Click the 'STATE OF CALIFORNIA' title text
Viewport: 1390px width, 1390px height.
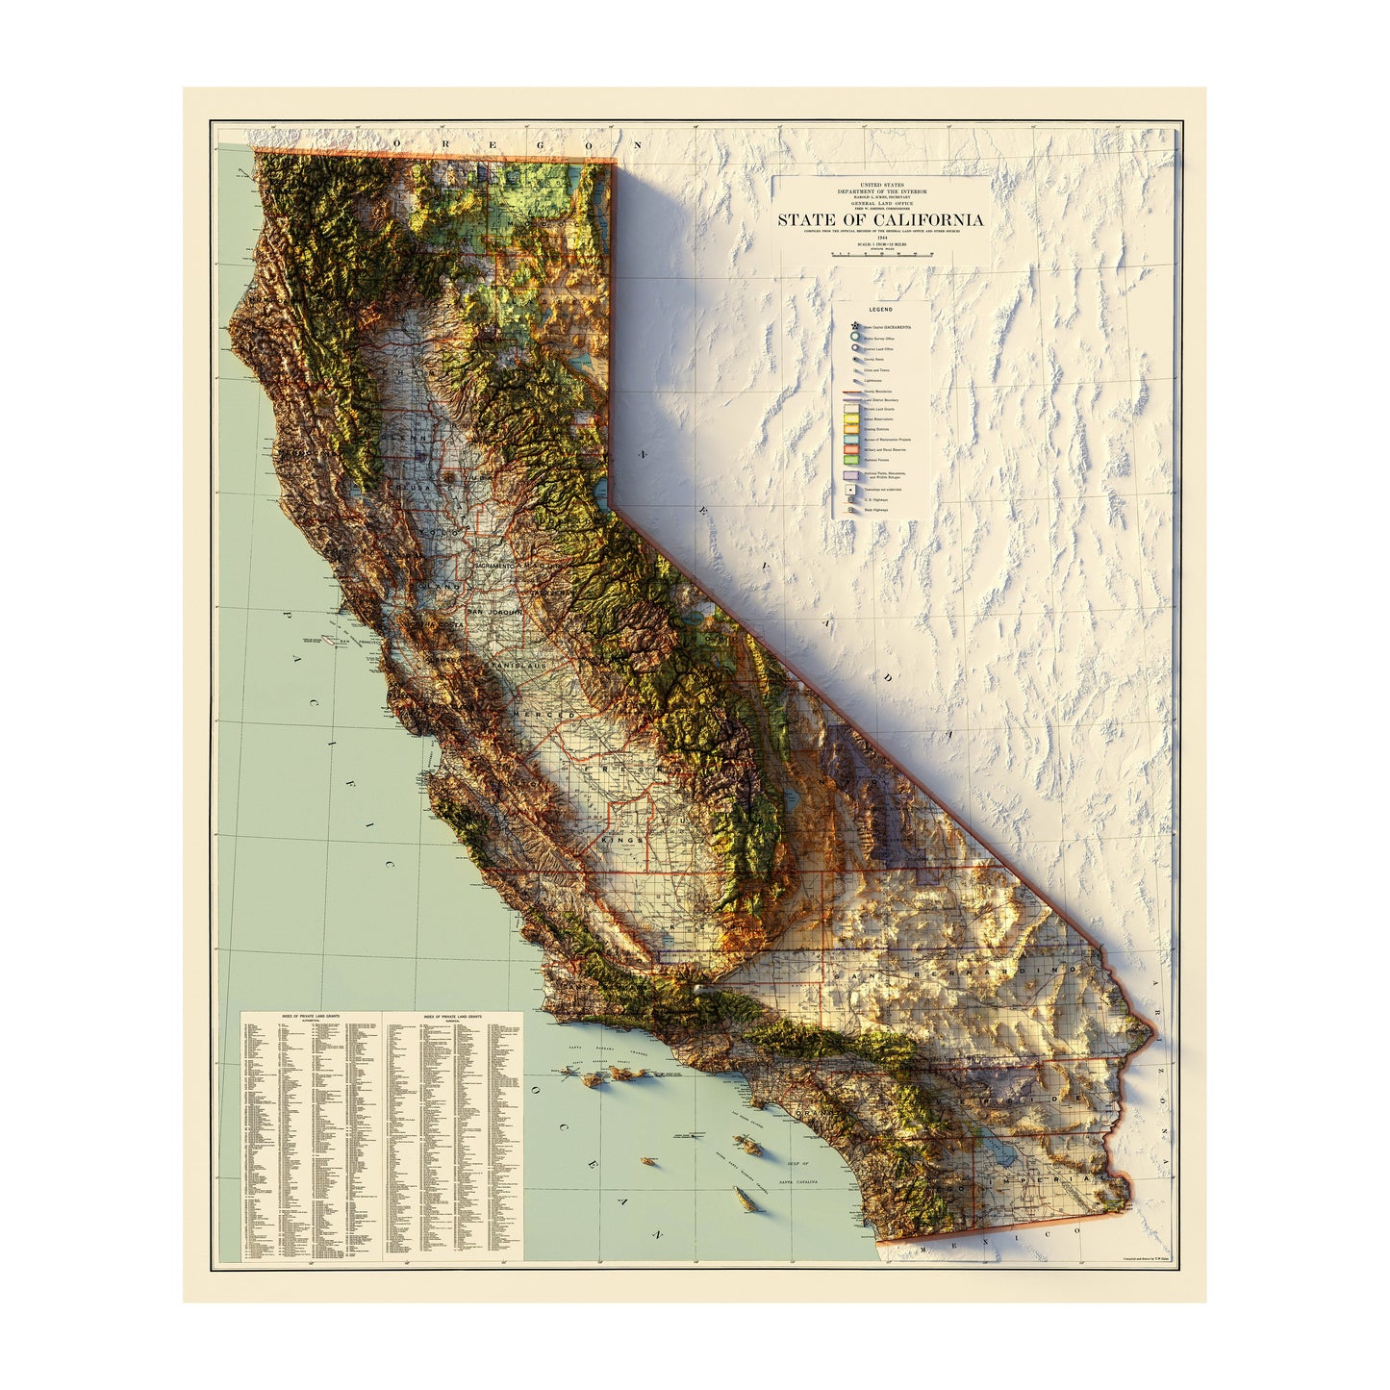pos(880,219)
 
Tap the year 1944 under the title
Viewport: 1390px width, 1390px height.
pos(880,237)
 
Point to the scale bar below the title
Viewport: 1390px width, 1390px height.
pos(881,255)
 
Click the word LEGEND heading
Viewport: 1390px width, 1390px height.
pos(881,310)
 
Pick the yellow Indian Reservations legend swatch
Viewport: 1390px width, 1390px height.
pos(851,418)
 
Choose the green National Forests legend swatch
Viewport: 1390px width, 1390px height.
pos(851,460)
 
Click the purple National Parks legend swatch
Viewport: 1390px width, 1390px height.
pos(851,475)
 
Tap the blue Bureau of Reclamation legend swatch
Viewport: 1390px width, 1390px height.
pos(851,440)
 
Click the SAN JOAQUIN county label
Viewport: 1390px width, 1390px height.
pos(494,613)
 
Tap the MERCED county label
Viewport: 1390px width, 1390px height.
pos(543,715)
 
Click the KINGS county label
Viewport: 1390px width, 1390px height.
pos(620,840)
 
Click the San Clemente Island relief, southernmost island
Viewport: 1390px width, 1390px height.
pos(743,1198)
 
